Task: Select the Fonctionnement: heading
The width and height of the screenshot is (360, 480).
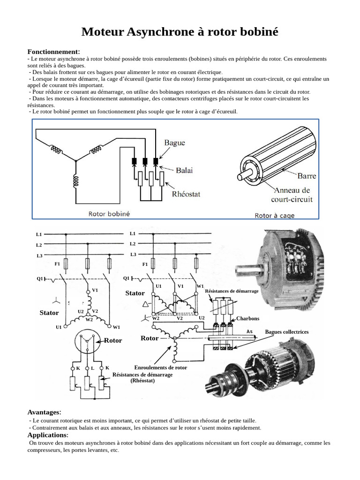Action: [53, 52]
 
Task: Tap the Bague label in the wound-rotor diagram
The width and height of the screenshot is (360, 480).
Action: [174, 142]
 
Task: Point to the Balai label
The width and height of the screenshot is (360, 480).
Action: [184, 171]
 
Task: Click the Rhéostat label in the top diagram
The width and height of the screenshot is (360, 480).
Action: [186, 194]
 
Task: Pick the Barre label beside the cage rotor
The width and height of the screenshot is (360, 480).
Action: [307, 176]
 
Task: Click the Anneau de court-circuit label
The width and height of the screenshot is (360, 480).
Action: [292, 195]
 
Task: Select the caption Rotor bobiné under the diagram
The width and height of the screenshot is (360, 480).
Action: [109, 213]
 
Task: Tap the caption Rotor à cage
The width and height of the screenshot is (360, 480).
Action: [275, 216]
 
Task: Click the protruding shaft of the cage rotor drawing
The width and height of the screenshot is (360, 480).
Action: [243, 177]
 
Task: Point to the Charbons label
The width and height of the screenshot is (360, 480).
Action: [247, 318]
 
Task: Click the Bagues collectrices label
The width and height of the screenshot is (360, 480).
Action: [287, 332]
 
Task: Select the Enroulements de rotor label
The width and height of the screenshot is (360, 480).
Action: [160, 367]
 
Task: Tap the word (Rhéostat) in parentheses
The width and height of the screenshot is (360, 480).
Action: [142, 381]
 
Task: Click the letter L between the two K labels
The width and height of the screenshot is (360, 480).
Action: [93, 368]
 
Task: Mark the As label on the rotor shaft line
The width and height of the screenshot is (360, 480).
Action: [250, 331]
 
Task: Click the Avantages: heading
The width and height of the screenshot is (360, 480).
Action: [44, 412]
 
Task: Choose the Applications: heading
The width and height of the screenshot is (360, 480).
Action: [48, 435]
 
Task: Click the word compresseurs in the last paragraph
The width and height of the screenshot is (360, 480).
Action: [48, 450]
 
